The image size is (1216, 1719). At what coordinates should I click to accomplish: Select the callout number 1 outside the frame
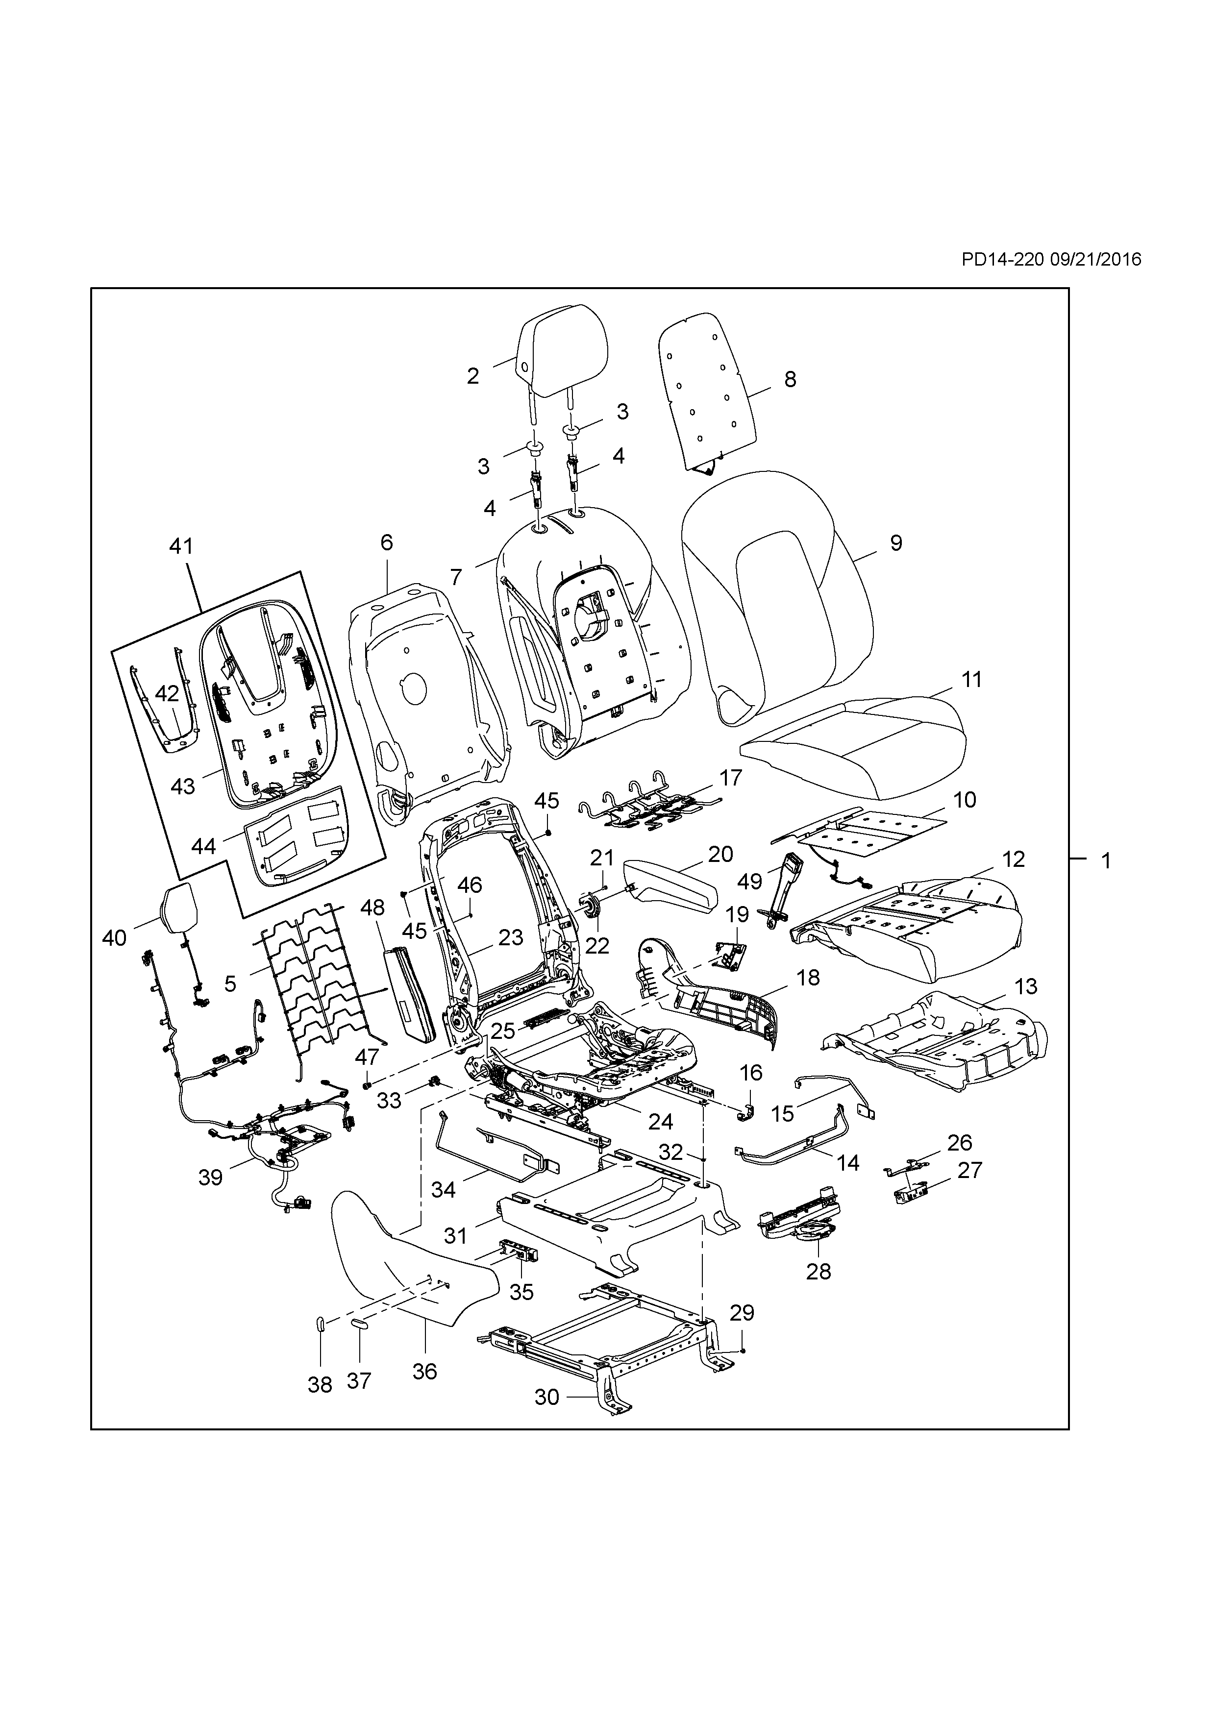(1106, 860)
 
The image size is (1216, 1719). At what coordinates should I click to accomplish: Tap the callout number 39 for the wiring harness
(210, 1178)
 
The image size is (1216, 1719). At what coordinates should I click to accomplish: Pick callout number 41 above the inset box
(180, 546)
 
